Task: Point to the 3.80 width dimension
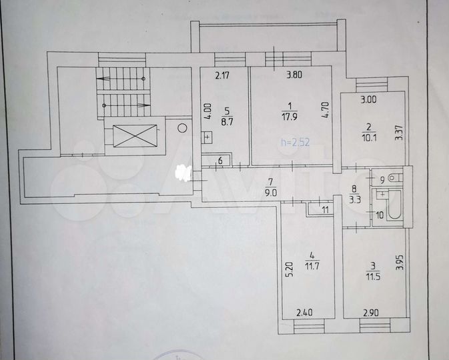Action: point(294,75)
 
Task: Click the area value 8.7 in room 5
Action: point(227,122)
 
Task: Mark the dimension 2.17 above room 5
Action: point(222,75)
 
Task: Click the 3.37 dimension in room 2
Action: point(398,126)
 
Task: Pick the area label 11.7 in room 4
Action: point(310,267)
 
